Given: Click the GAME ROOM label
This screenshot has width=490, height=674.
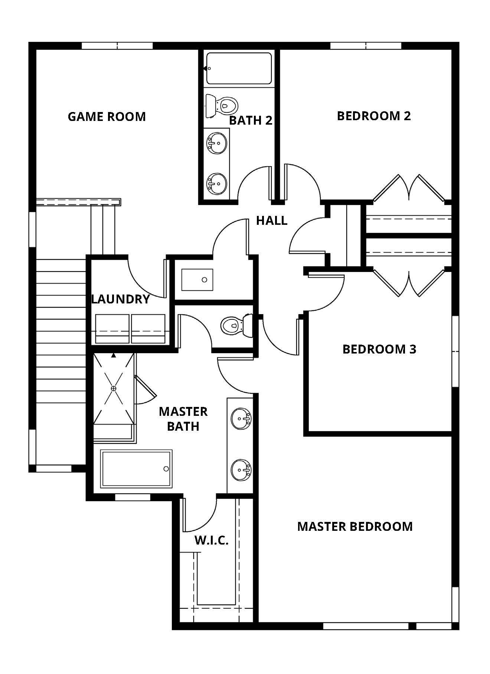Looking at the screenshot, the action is [107, 116].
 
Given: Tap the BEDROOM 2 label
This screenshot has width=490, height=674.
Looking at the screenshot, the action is [374, 116].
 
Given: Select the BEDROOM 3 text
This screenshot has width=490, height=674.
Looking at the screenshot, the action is [379, 349].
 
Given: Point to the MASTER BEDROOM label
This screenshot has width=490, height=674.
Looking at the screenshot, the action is [355, 526].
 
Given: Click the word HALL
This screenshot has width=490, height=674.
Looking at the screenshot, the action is [272, 221].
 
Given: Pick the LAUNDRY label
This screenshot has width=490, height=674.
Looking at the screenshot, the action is [121, 299].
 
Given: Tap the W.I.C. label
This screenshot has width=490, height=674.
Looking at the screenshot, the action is [212, 540].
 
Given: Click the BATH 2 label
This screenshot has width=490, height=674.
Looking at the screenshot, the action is [251, 120].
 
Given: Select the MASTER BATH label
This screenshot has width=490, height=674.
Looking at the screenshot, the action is [183, 419].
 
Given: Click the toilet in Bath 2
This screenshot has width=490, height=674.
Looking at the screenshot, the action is [221, 105].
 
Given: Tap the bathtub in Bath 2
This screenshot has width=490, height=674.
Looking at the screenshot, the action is [239, 69].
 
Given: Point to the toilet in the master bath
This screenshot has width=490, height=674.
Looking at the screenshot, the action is [236, 325].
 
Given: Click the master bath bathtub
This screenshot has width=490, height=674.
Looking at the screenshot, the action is [137, 469].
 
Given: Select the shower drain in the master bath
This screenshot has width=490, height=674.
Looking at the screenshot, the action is [113, 388].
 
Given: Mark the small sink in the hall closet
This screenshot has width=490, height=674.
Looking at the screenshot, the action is [197, 280].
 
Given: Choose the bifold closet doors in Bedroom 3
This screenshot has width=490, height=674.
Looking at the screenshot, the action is [409, 283].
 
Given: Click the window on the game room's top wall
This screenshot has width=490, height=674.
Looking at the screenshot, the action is [117, 46].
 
